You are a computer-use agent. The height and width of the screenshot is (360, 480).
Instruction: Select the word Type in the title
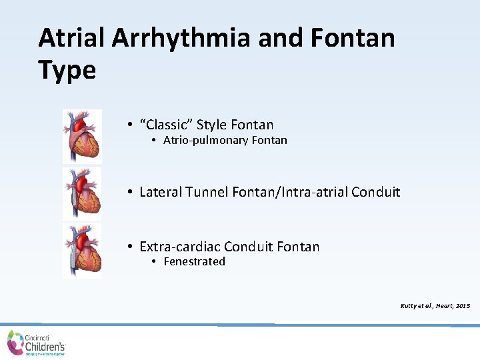(x=67, y=69)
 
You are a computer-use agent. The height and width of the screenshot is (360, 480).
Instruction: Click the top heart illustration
(x=83, y=137)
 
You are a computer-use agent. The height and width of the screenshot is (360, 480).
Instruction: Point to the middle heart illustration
(x=83, y=193)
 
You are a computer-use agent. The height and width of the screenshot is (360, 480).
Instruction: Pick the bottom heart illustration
(x=83, y=251)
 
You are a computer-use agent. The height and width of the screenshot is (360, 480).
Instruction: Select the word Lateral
(x=159, y=193)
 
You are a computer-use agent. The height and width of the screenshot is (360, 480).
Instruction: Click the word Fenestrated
(x=194, y=262)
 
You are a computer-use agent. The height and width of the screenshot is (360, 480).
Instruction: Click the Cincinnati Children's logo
(x=37, y=343)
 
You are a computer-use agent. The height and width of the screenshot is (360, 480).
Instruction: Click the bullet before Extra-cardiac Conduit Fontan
(x=131, y=247)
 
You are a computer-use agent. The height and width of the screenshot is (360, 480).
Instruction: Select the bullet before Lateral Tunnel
(x=131, y=193)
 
